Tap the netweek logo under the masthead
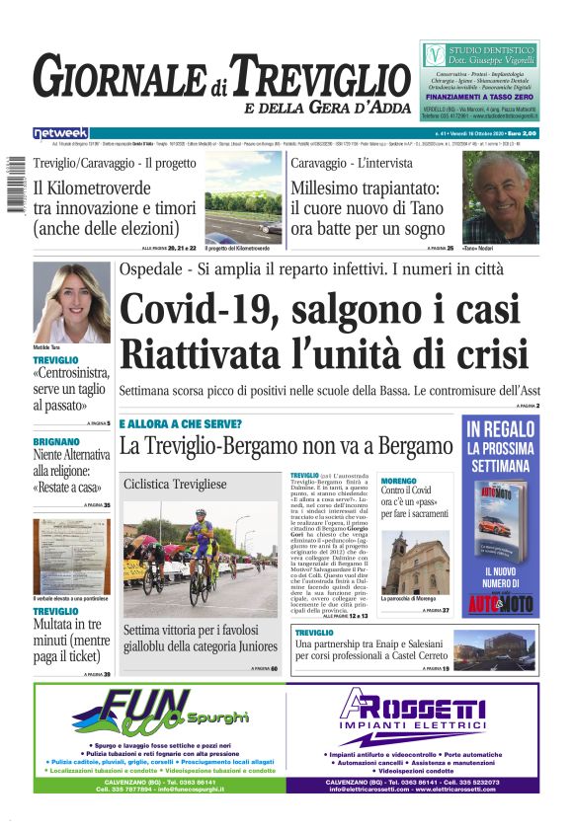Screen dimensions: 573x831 [x=60, y=132]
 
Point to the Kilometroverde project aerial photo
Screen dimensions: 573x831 [x=243, y=196]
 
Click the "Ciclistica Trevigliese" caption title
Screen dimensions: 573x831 [x=175, y=484]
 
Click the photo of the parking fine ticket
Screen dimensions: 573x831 [x=71, y=559]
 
